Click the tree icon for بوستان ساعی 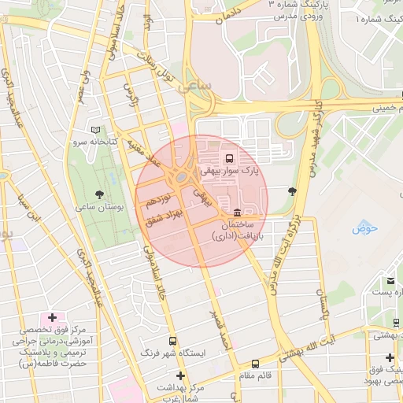[x=99, y=194]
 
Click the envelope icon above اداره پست [x=390, y=280]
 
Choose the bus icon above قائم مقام [x=255, y=364]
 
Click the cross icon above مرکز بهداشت [x=180, y=375]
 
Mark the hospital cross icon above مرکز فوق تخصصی [x=52, y=317]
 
